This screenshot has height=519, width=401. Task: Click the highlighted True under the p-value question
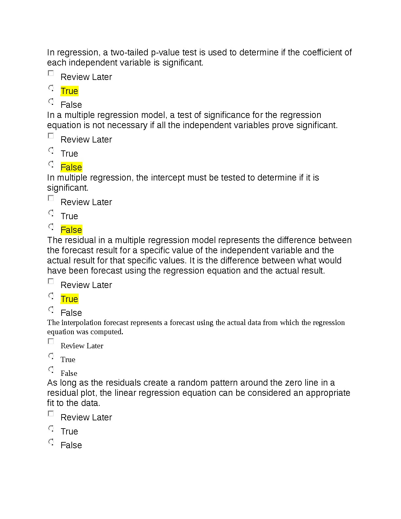tap(69, 91)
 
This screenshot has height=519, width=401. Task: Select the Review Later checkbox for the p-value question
tap(51, 73)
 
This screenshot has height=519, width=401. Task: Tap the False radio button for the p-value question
tap(51, 101)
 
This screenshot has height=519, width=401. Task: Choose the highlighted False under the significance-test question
tap(71, 167)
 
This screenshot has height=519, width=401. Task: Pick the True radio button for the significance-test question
tap(51, 150)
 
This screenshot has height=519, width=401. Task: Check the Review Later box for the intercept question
tap(51, 198)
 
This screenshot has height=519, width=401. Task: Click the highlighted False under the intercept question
tap(71, 230)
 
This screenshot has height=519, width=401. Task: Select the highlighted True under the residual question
tap(69, 299)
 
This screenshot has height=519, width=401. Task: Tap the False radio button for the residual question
tap(51, 309)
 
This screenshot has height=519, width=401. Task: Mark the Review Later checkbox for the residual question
tap(51, 281)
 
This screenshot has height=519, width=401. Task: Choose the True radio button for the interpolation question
tap(51, 356)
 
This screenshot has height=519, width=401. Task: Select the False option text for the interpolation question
tap(69, 374)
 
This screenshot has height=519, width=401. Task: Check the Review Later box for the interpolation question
tap(51, 341)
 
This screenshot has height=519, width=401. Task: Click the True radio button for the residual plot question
tap(51, 428)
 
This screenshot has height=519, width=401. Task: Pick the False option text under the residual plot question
tap(71, 445)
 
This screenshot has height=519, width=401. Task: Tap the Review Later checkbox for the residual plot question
tap(51, 413)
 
